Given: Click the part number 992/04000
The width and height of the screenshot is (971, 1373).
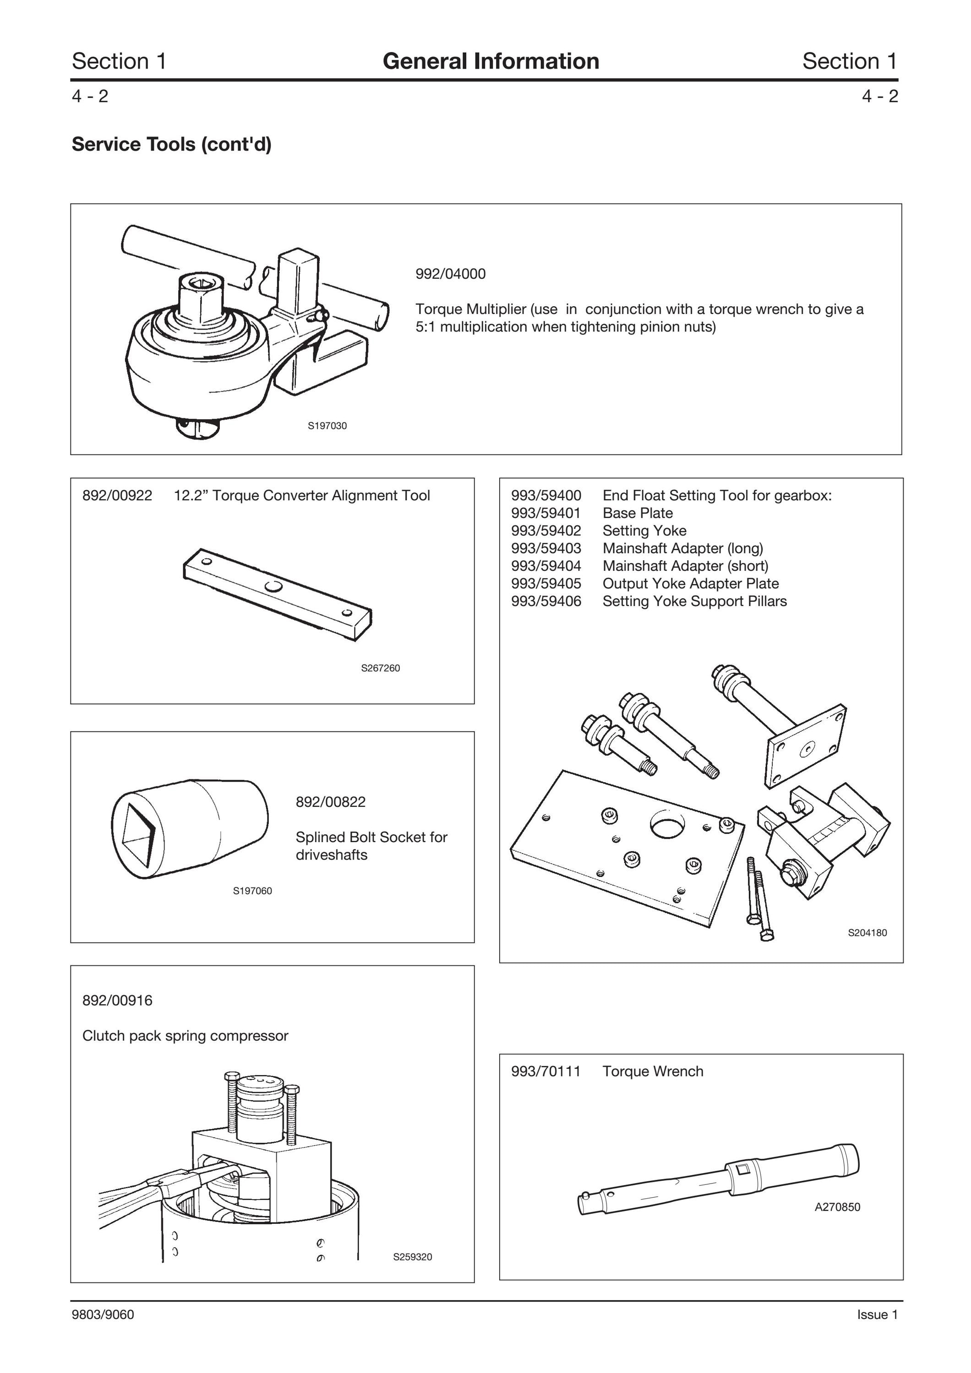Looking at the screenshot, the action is (x=451, y=274).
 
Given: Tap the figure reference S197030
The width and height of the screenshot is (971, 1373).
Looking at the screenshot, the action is (x=327, y=426).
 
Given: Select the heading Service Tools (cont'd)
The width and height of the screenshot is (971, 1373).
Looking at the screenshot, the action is (x=172, y=144).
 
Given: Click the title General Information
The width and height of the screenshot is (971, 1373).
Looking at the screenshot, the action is (x=491, y=61).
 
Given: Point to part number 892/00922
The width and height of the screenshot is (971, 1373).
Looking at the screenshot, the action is (x=117, y=495).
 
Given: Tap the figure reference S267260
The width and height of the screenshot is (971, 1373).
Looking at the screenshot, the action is (x=381, y=668).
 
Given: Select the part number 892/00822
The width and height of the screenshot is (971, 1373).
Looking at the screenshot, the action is (x=330, y=802).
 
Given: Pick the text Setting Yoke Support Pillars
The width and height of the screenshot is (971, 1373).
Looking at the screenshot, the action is (x=695, y=601).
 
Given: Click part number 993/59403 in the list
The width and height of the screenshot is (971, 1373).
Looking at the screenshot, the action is (x=546, y=548).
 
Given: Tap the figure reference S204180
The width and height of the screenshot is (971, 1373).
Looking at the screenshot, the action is (x=867, y=932).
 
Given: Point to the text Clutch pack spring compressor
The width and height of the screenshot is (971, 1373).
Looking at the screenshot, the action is (x=185, y=1036).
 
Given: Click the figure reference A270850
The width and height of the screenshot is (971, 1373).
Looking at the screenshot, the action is (x=838, y=1207).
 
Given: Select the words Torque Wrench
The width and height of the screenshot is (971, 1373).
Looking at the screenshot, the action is (x=653, y=1071).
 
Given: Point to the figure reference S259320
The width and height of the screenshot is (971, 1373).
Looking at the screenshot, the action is (x=413, y=1257).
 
